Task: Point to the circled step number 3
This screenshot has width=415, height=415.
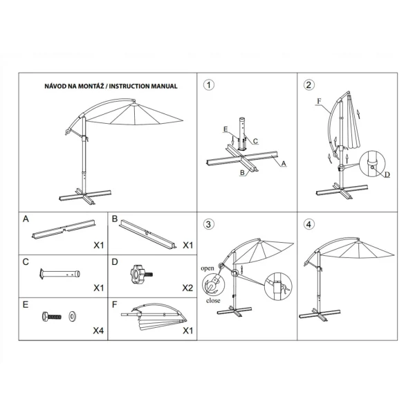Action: (208, 224)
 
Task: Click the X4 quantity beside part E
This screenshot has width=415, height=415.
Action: (98, 330)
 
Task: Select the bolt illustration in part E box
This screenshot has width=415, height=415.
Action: (53, 317)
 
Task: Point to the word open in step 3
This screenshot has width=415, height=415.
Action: (207, 267)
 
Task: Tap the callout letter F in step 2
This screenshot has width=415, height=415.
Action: (319, 101)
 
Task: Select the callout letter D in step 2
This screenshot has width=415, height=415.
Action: (387, 176)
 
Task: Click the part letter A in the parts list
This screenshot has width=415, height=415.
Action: (26, 219)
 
